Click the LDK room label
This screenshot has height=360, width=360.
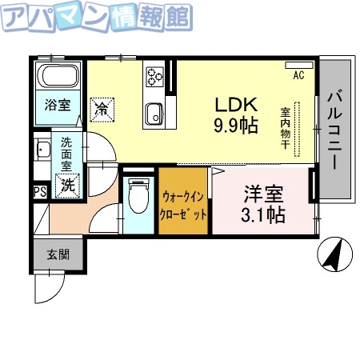234,104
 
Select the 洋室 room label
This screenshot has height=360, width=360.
262,194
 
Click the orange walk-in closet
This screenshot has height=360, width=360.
185,205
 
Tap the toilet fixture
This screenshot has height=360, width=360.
139,195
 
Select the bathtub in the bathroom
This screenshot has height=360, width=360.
58,80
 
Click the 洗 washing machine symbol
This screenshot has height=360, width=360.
69,185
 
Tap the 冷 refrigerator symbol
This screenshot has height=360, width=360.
102,106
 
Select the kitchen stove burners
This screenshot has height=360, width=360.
154,78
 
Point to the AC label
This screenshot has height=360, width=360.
298,76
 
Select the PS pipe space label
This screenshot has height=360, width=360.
39,192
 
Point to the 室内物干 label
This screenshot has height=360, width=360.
285,128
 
